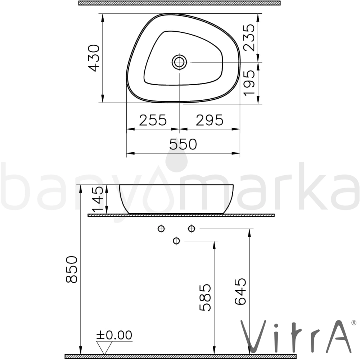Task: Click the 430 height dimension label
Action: (x=94, y=58)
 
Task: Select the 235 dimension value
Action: (x=249, y=37)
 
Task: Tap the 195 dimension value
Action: (x=249, y=83)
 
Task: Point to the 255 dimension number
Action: (x=153, y=120)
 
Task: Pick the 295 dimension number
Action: (x=210, y=120)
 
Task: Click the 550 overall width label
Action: (x=183, y=144)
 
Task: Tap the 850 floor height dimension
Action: (x=72, y=269)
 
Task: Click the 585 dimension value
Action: (x=205, y=298)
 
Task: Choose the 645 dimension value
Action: (x=240, y=291)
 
